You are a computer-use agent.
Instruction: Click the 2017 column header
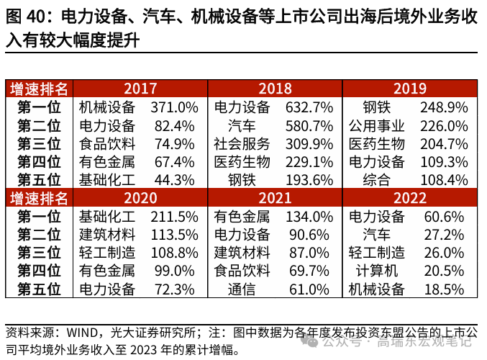pyautogui.click(x=140, y=89)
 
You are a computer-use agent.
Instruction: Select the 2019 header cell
pyautogui.click(x=410, y=89)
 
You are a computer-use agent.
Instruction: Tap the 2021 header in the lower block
pyautogui.click(x=275, y=197)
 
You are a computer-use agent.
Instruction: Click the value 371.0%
pyautogui.click(x=174, y=107)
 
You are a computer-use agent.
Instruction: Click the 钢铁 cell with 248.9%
pyautogui.click(x=376, y=107)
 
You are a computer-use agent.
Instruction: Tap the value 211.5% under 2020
pyautogui.click(x=174, y=216)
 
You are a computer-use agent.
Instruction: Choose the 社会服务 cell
pyautogui.click(x=242, y=143)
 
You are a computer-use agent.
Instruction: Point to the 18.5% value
pyautogui.click(x=444, y=289)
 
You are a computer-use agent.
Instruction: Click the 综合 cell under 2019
pyautogui.click(x=376, y=179)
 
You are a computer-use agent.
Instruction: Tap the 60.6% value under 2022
pyautogui.click(x=444, y=216)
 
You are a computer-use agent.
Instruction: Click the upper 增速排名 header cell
pyautogui.click(x=40, y=89)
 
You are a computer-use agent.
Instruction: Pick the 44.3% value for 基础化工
pyautogui.click(x=174, y=179)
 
